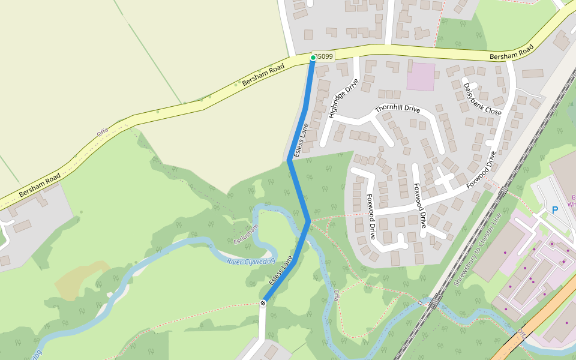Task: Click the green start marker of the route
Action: [x=313, y=58]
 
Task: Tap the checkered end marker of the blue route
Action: [x=263, y=303]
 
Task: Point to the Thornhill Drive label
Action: [x=397, y=109]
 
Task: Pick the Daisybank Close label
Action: [x=482, y=99]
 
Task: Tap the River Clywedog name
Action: [x=251, y=261]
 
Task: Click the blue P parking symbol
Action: [x=554, y=211]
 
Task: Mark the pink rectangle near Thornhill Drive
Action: [x=421, y=77]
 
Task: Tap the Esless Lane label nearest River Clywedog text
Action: [x=281, y=271]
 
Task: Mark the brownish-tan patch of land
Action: [x=81, y=280]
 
